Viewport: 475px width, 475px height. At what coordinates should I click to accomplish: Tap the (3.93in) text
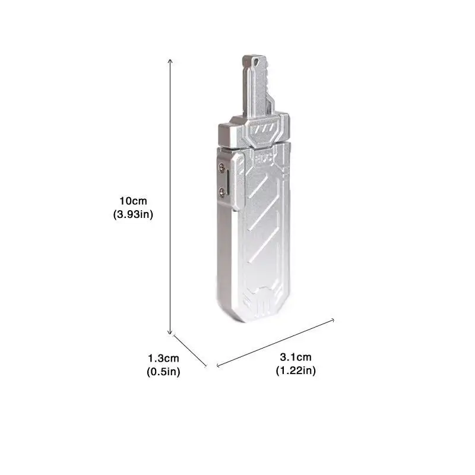[133, 214]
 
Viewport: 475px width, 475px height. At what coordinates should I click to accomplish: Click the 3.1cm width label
[295, 357]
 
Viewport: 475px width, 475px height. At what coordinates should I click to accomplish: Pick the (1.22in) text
[295, 371]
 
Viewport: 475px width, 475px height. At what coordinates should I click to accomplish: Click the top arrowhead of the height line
[170, 59]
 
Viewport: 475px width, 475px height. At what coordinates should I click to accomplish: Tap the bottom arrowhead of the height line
[170, 333]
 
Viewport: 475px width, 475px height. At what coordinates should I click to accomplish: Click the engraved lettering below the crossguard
[264, 159]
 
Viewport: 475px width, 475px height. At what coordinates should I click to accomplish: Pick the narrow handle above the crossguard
[257, 89]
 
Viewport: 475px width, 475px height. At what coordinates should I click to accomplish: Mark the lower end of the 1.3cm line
[206, 366]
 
